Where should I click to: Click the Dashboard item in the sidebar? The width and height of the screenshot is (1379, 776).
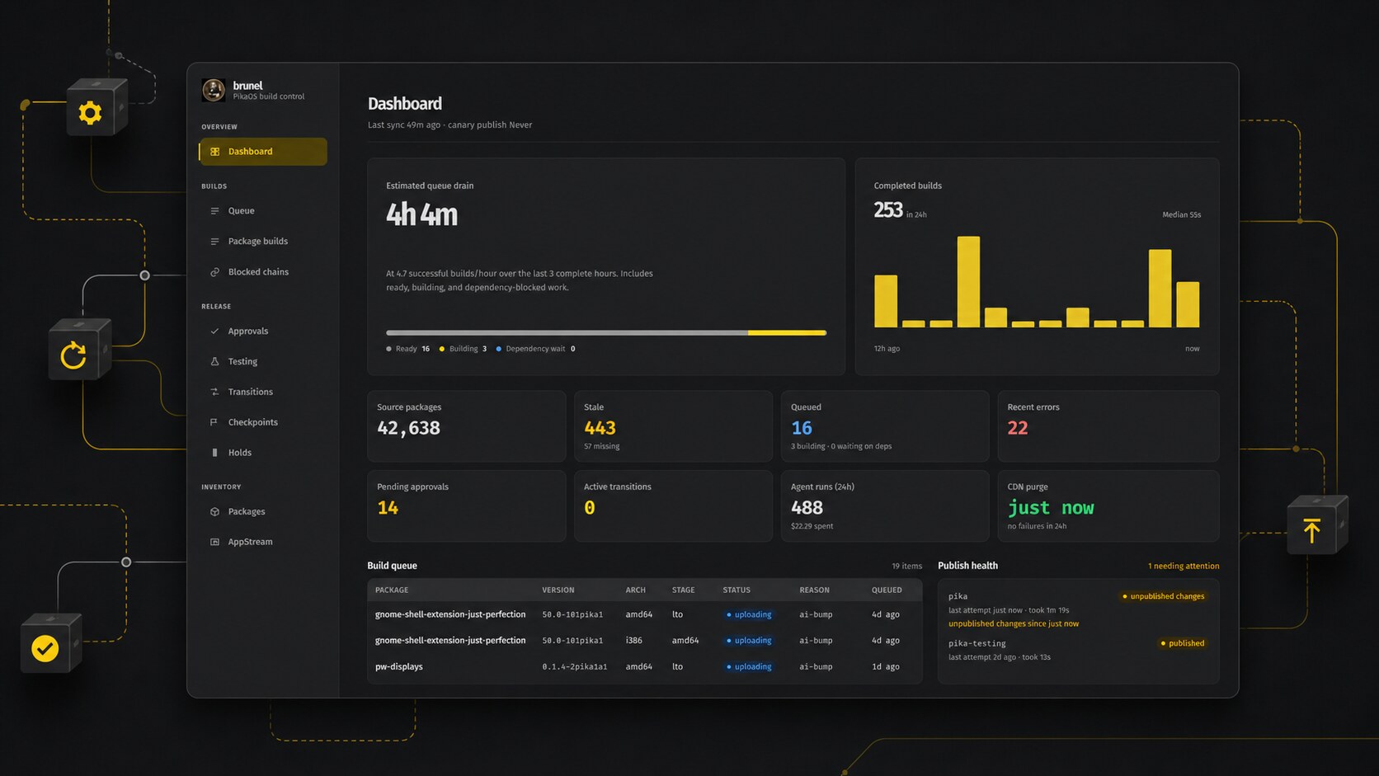coord(263,152)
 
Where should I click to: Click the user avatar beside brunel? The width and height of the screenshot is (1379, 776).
coord(213,90)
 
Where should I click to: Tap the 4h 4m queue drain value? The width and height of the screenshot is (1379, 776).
coord(421,214)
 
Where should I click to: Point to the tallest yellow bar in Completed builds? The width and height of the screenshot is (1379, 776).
coord(968,282)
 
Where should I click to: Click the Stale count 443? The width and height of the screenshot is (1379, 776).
coord(600,428)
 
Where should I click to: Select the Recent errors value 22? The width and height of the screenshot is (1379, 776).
coord(1018,428)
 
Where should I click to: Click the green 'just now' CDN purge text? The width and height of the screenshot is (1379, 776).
coord(1051,508)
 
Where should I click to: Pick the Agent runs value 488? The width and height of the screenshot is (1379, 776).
coord(807,508)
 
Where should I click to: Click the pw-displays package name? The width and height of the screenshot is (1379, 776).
coord(399,666)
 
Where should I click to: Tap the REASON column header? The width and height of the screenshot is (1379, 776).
coord(814,590)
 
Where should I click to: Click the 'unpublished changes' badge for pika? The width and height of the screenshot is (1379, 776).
coord(1163,596)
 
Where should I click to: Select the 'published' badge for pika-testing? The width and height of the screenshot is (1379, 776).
coord(1182,643)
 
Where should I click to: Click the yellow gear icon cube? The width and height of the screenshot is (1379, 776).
coord(96,108)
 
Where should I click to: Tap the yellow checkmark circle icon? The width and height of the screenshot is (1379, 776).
coord(45,648)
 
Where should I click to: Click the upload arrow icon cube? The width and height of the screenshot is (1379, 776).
coord(1317,525)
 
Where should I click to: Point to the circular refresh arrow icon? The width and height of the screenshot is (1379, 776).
coord(73,355)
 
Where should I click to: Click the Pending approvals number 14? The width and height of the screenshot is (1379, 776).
coord(388,508)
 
